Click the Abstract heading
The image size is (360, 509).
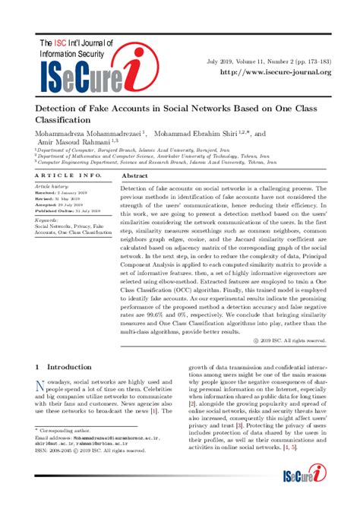[x=134, y=175]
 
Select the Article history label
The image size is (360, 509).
[x=51, y=186]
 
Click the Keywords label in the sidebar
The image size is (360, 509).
[x=47, y=220]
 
